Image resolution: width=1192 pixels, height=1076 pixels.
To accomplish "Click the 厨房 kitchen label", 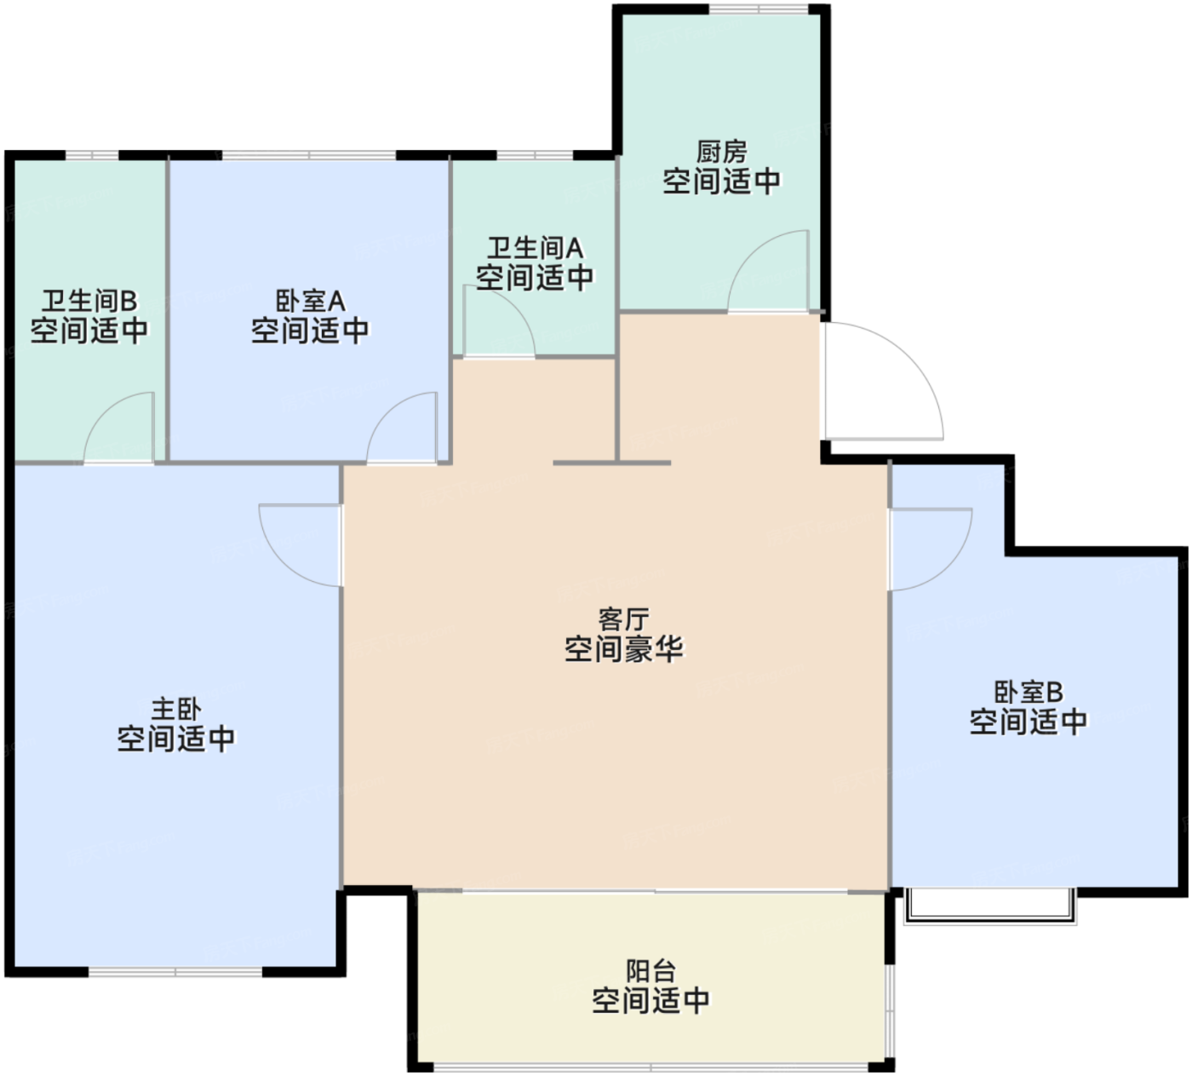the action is (721, 152).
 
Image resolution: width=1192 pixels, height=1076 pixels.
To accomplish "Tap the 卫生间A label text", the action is (535, 249).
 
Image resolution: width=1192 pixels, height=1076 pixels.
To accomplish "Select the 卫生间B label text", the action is (89, 301).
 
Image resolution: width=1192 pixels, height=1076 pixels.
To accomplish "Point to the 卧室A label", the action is (310, 301).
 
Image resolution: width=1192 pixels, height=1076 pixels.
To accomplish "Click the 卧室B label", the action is (1028, 693).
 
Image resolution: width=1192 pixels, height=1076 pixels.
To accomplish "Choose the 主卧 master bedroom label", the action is (176, 709).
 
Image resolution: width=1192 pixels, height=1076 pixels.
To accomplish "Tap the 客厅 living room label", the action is (623, 619).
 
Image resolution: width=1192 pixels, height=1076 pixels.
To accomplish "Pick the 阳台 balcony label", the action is (650, 971).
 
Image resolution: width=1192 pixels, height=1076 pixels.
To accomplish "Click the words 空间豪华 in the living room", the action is (623, 649).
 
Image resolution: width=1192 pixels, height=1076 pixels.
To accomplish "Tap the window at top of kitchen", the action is (759, 9).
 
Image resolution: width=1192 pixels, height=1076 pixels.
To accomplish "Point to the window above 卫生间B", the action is (92, 156).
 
